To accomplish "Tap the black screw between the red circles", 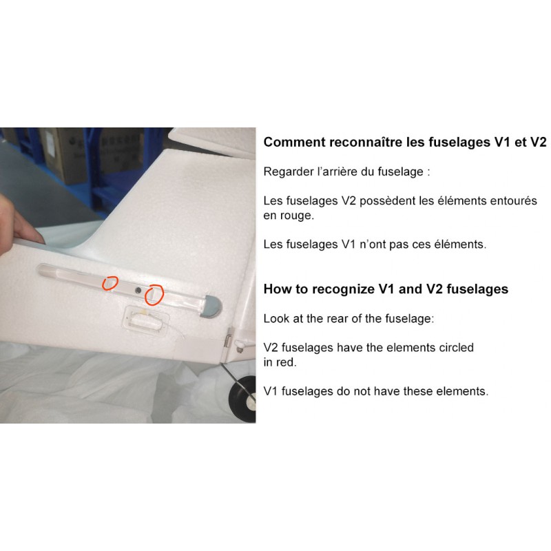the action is point(138,290).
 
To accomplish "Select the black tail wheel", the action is point(242,399).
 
